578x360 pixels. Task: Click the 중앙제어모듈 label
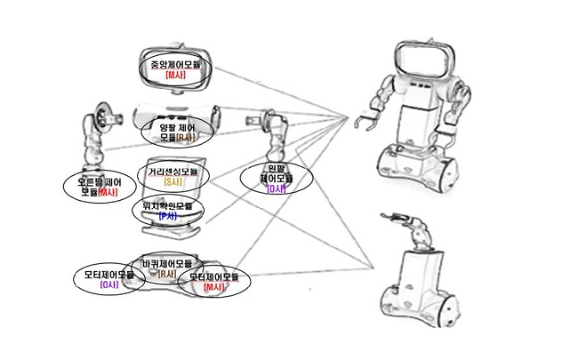175,66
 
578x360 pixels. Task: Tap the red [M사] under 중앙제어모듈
175,76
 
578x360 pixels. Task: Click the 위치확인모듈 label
166,206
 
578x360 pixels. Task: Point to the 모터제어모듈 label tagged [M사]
214,277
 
